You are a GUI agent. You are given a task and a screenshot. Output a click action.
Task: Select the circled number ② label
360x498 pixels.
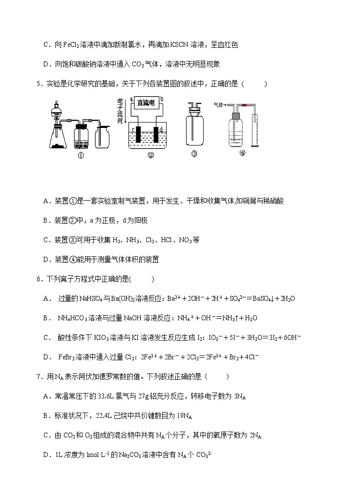click(x=150, y=156)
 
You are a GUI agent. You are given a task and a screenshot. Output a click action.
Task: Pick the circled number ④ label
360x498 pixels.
click(x=242, y=152)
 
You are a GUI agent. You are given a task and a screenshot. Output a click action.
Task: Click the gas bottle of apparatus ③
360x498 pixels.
click(x=194, y=129)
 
